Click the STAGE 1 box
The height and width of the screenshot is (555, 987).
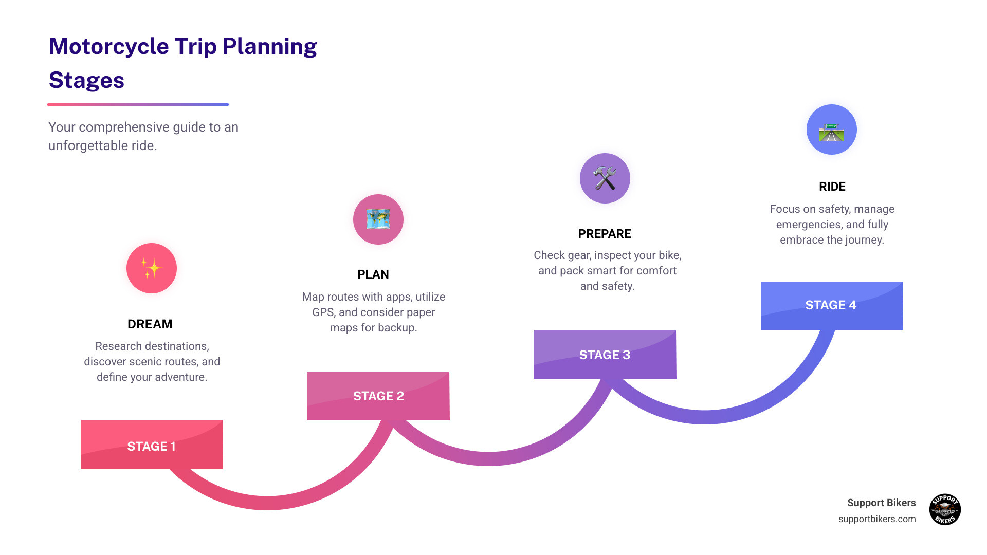(x=152, y=445)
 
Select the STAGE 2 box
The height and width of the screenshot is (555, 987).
(x=378, y=396)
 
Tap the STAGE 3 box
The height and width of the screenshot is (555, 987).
(x=605, y=355)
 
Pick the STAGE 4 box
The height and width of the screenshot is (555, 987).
(x=831, y=305)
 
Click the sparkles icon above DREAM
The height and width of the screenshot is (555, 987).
(x=152, y=268)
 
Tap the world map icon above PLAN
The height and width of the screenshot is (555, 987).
(x=378, y=219)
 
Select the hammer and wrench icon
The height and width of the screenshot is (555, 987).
(x=605, y=178)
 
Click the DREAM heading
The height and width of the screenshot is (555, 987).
(x=150, y=324)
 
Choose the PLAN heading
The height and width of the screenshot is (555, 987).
(x=373, y=274)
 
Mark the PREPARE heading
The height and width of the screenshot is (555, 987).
(x=605, y=234)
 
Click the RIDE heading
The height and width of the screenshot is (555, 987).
(x=832, y=187)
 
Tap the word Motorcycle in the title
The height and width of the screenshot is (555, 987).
(x=109, y=46)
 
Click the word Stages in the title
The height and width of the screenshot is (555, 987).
(x=86, y=80)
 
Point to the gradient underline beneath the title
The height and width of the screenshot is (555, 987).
(x=138, y=104)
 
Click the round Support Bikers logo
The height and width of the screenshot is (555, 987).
(x=945, y=509)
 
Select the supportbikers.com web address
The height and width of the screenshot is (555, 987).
(x=877, y=519)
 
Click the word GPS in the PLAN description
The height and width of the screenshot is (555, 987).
(x=323, y=312)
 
